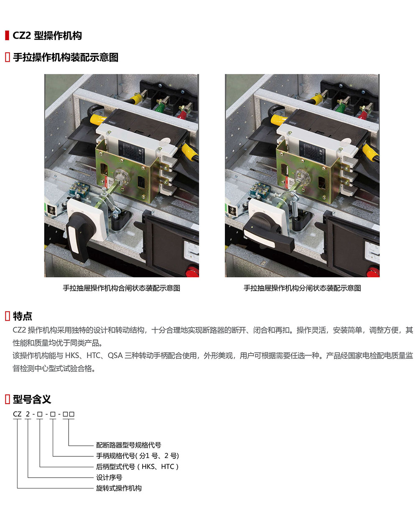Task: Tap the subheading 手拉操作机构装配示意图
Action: pyautogui.click(x=66, y=57)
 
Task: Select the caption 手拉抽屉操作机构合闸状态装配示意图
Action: pyautogui.click(x=122, y=288)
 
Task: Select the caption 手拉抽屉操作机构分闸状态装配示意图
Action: pyautogui.click(x=302, y=288)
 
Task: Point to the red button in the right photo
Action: pyautogui.click(x=373, y=271)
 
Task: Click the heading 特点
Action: pyautogui.click(x=22, y=316)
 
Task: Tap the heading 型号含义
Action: pyautogui.click(x=32, y=399)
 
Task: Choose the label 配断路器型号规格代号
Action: pyautogui.click(x=128, y=445)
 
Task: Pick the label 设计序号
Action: pyautogui.click(x=109, y=478)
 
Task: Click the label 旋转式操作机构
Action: pyautogui.click(x=119, y=488)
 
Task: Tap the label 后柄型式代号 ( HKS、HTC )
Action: pyautogui.click(x=137, y=467)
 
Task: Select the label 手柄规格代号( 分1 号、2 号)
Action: pyautogui.click(x=138, y=455)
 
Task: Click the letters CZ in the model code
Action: pyautogui.click(x=17, y=414)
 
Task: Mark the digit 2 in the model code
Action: pyautogui.click(x=28, y=414)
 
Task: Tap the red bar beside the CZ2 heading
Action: pyautogui.click(x=7, y=35)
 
